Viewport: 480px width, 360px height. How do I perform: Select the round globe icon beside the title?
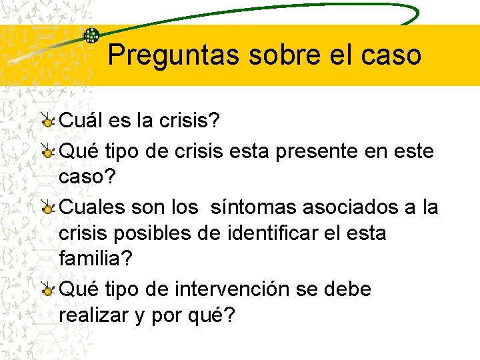pyautogui.click(x=91, y=35)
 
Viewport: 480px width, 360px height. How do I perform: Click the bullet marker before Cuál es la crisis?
pyautogui.click(x=47, y=121)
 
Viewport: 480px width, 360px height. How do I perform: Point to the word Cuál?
pyautogui.click(x=79, y=121)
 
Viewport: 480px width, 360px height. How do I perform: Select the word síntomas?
pyautogui.click(x=254, y=207)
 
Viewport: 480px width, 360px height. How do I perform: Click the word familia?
pyautogui.click(x=97, y=259)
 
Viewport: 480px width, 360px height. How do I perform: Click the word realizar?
pyautogui.click(x=93, y=316)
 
